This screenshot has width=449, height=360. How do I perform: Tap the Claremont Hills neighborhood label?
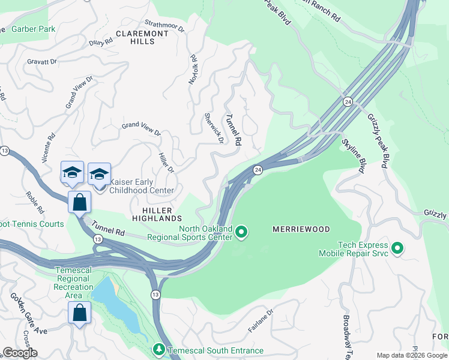(x=142, y=38)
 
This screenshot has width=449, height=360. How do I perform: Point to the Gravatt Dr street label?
(x=41, y=61)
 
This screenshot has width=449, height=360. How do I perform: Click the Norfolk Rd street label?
(x=193, y=69)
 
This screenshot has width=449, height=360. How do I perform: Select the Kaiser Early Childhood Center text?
(x=142, y=186)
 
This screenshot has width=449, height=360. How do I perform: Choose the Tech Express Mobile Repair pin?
(x=397, y=247)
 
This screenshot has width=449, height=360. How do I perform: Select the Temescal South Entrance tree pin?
(x=158, y=349)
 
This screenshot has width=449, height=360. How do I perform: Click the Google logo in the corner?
(x=19, y=352)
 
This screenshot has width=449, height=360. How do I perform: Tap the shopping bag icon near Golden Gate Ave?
(x=79, y=313)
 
